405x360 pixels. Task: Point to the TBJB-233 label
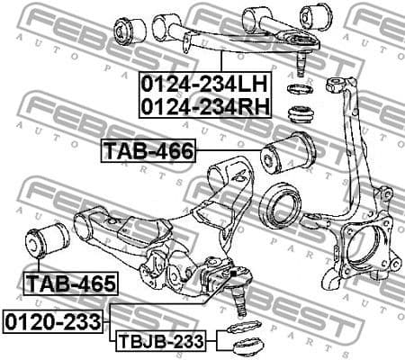click(x=158, y=341)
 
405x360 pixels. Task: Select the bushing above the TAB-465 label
click(x=47, y=240)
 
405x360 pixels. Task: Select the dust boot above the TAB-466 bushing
click(x=298, y=113)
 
